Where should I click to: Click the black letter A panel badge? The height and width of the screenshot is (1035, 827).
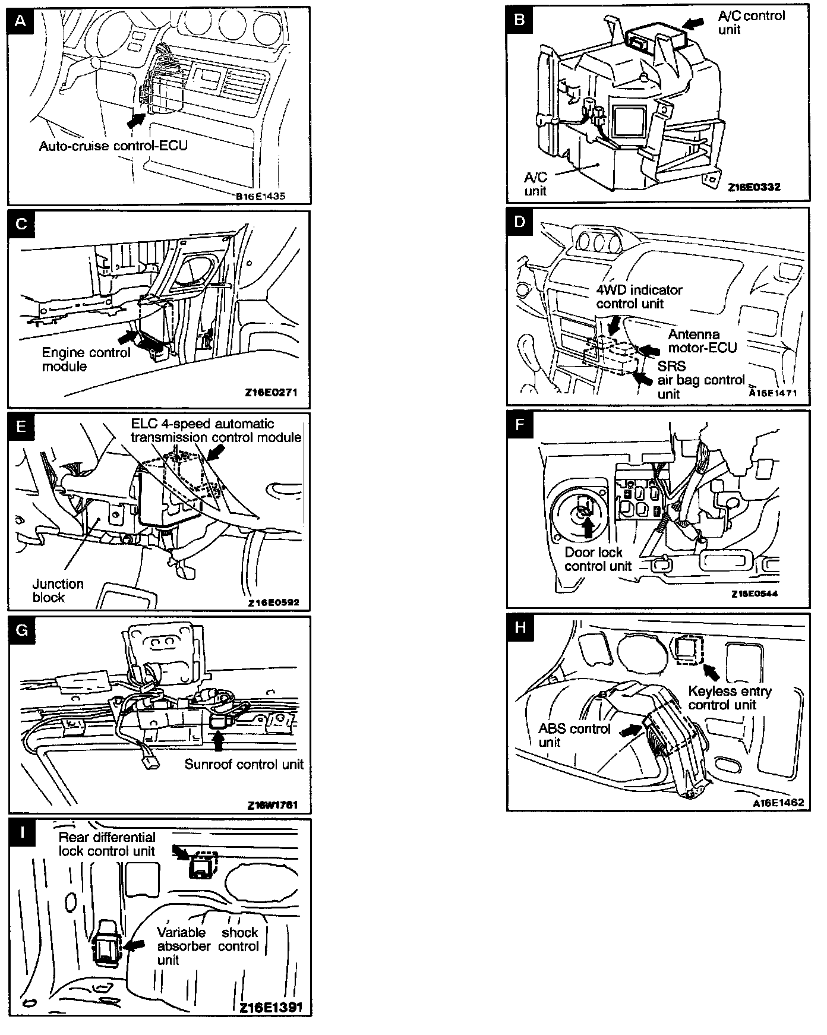click(x=21, y=22)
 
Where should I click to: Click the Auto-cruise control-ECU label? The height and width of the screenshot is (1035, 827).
click(x=113, y=146)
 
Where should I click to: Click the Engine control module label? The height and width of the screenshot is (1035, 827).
click(x=86, y=359)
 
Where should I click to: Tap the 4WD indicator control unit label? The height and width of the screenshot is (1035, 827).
click(x=639, y=296)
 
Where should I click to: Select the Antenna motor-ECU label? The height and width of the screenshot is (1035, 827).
click(x=702, y=341)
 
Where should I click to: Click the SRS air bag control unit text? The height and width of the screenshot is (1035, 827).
click(x=700, y=380)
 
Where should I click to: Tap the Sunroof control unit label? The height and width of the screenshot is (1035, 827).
click(x=244, y=764)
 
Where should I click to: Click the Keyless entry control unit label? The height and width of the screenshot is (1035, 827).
click(x=729, y=698)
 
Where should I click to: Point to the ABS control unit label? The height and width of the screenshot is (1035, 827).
click(x=574, y=735)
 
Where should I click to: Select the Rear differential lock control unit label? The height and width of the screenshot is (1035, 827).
click(x=106, y=844)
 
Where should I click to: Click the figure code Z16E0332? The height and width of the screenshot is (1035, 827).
click(x=754, y=187)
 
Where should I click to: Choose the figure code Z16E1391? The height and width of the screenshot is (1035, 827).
click(x=271, y=1008)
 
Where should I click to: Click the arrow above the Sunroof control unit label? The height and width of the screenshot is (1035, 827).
click(x=219, y=740)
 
